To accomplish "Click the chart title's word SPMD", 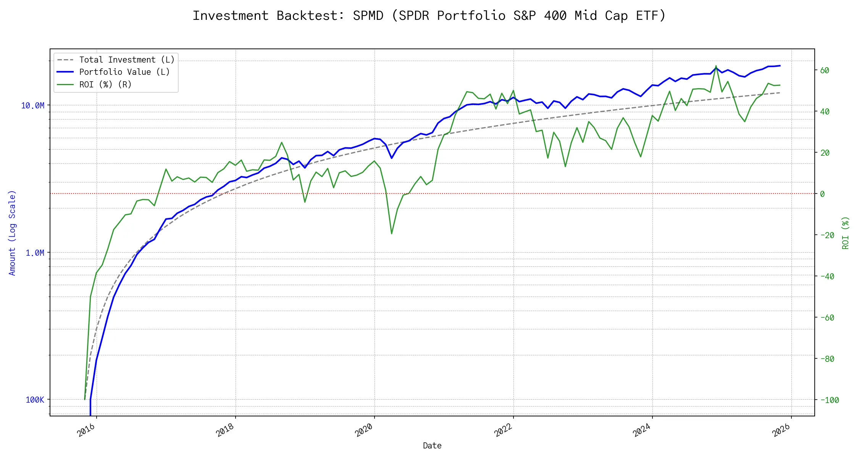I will click(368, 16).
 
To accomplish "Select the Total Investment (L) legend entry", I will click(126, 60).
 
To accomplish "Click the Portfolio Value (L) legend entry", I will click(124, 72).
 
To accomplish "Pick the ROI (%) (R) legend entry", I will click(105, 85).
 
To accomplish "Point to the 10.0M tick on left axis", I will click(32, 106).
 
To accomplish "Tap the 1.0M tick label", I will click(35, 253).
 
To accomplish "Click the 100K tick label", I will click(35, 400).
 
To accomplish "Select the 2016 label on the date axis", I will click(86, 431).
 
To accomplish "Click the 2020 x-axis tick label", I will click(364, 431).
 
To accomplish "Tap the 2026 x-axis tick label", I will click(781, 431).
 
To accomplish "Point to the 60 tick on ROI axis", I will click(825, 71).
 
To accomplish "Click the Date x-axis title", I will click(432, 446).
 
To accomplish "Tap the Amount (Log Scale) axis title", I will click(12, 233).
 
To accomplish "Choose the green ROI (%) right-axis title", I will click(846, 233).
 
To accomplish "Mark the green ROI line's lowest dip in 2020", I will click(392, 234).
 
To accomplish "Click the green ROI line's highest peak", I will click(716, 66).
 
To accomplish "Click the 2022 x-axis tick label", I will click(503, 431).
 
